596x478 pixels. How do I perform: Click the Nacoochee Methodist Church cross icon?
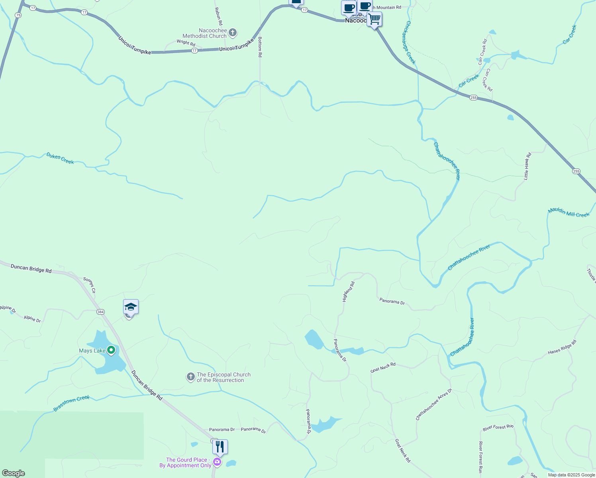tap(233, 33)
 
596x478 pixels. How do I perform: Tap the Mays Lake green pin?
tap(112, 350)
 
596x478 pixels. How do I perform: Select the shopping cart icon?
tap(374, 19)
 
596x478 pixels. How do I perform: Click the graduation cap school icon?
tap(131, 307)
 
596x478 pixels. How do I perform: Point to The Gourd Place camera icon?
tap(217, 462)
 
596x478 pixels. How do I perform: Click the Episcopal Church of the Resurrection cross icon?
tap(191, 377)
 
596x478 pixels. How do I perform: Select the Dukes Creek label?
tap(60, 158)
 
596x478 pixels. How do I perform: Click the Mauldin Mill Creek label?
tap(568, 212)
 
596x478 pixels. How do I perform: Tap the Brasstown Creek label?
tap(72, 403)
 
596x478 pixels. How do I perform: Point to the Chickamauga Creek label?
tap(410, 42)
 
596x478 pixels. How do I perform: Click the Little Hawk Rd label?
tap(527, 166)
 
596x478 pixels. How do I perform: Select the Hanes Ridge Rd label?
tap(562, 347)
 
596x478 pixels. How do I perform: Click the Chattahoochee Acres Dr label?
tap(434, 404)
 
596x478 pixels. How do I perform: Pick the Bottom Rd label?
tap(260, 47)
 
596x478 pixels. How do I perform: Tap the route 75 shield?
tap(18, 15)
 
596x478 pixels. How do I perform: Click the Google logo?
tap(14, 473)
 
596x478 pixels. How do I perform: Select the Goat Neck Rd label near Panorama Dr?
tap(383, 367)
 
